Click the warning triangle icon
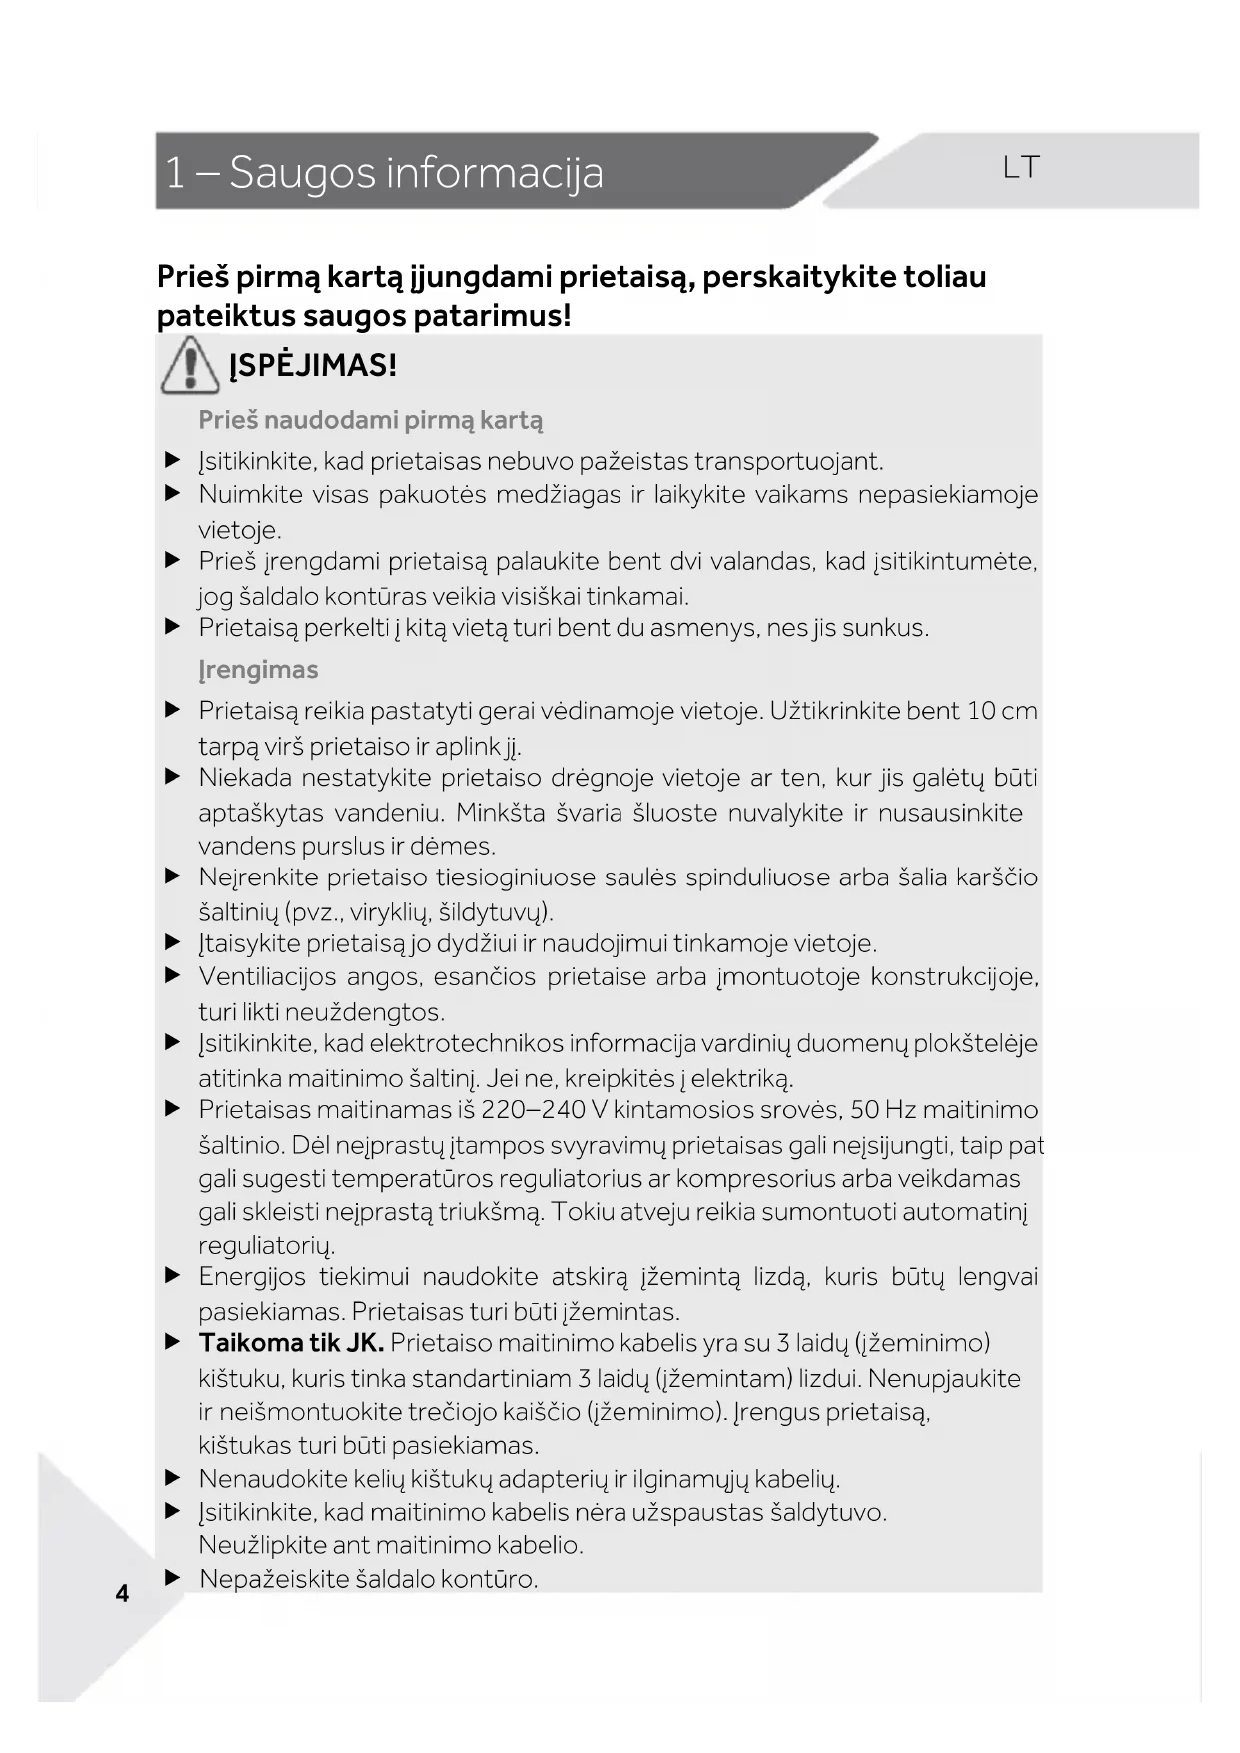click(x=190, y=365)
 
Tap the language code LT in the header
click(x=1021, y=167)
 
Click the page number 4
click(x=122, y=1593)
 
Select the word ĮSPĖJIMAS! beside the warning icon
click(x=313, y=365)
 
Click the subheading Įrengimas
click(x=258, y=670)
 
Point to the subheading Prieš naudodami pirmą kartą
click(x=370, y=420)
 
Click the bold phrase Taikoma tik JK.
click(x=291, y=1343)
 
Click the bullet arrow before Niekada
click(x=173, y=777)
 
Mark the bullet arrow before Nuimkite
click(x=173, y=494)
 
